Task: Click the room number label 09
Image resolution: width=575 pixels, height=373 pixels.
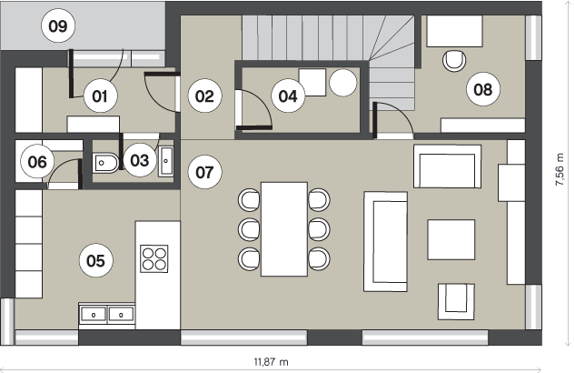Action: tap(58, 26)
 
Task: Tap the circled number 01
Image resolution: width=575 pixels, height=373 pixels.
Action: tap(100, 96)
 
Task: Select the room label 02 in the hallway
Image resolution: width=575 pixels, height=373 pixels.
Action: tap(204, 96)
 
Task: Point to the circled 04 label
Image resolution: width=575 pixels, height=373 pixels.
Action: tap(288, 96)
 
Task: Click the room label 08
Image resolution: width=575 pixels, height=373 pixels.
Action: tap(483, 89)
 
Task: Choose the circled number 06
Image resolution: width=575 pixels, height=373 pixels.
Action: tap(37, 162)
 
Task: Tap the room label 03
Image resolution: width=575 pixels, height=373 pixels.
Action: tap(140, 160)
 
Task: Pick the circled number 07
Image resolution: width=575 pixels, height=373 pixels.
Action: tap(204, 172)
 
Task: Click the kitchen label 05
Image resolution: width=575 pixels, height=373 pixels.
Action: tap(95, 261)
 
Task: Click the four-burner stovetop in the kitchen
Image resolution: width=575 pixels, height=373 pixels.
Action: tap(154, 258)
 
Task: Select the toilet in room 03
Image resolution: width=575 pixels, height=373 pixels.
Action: tap(106, 163)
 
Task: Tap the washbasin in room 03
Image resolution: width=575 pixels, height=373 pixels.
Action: tap(166, 161)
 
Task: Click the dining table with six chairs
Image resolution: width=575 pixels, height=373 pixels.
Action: tap(284, 229)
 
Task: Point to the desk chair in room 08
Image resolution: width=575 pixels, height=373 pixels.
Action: tap(454, 61)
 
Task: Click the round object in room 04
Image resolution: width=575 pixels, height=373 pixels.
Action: tap(342, 83)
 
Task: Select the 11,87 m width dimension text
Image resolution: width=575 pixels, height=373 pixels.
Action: tap(272, 362)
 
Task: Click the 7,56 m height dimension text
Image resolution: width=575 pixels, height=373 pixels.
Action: tap(560, 169)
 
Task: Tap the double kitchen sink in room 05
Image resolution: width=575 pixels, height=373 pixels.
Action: tap(106, 315)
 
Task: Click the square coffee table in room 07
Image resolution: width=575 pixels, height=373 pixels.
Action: tap(451, 240)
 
